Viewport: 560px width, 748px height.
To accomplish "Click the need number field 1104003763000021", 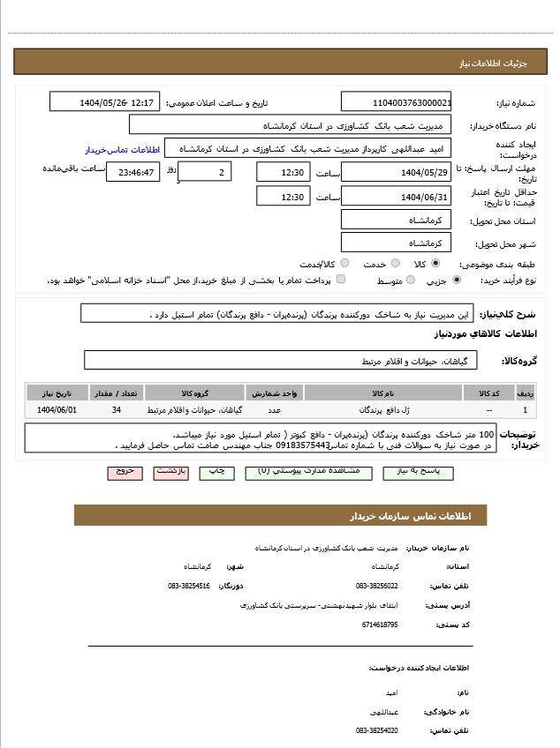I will pyautogui.click(x=396, y=102).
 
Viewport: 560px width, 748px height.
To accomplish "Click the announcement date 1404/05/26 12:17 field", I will pyautogui.click(x=105, y=102).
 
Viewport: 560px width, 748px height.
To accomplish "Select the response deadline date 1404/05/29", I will pyautogui.click(x=396, y=172).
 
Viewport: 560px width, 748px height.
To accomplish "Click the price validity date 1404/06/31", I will pyautogui.click(x=396, y=197).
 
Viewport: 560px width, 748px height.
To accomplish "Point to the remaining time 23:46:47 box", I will pyautogui.click(x=132, y=172).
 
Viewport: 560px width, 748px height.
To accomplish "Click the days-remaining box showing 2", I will pyautogui.click(x=206, y=172).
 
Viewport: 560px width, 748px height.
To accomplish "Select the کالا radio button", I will pyautogui.click(x=435, y=263).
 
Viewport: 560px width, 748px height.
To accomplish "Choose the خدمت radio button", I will pyautogui.click(x=396, y=263).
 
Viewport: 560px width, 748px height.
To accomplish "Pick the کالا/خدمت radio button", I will pyautogui.click(x=344, y=263).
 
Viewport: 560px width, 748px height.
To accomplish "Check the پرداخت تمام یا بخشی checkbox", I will pyautogui.click(x=341, y=280).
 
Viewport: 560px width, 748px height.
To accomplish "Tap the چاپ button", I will pyautogui.click(x=216, y=472).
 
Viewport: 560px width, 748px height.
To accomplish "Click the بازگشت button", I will pyautogui.click(x=171, y=472).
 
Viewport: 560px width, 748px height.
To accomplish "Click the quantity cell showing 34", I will pyautogui.click(x=117, y=410).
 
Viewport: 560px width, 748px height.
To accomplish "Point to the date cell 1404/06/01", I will pyautogui.click(x=57, y=410).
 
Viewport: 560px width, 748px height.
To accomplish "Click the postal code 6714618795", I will pyautogui.click(x=380, y=625).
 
